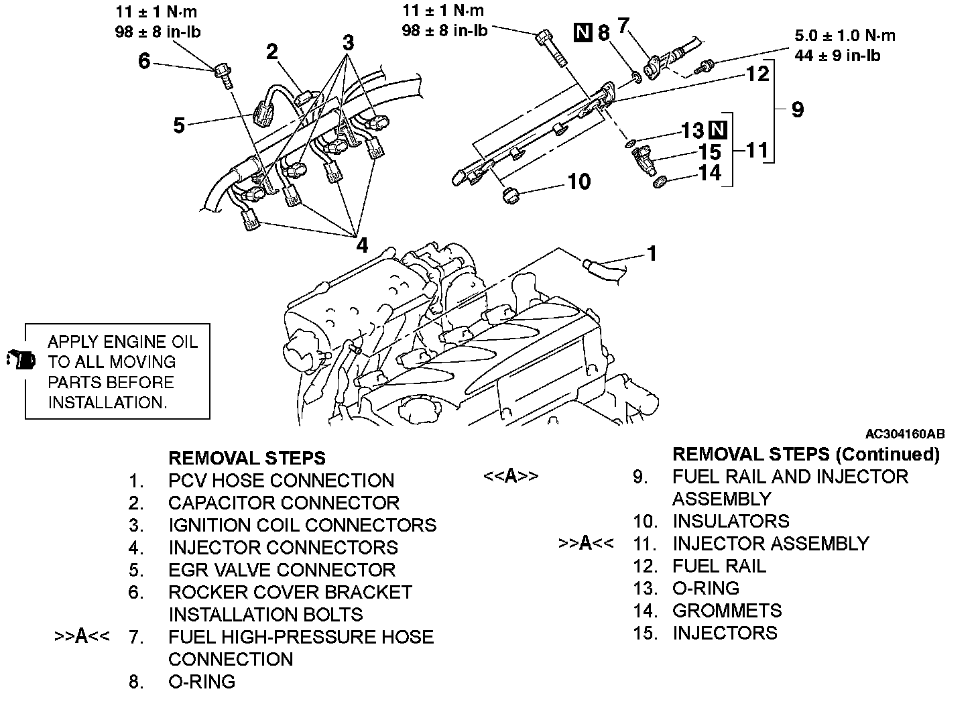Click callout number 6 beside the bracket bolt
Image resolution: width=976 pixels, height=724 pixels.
144,61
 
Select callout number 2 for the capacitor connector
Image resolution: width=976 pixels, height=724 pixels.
272,52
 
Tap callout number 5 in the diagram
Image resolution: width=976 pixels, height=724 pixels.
179,125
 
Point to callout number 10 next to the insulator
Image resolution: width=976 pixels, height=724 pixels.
579,182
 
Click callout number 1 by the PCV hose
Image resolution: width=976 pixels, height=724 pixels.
652,253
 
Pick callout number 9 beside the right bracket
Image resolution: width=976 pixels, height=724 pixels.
798,109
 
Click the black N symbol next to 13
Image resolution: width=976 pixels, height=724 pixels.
718,130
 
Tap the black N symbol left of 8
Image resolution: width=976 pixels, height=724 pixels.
583,33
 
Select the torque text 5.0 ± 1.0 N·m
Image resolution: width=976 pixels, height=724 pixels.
845,36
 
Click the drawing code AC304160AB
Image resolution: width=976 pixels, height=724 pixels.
905,434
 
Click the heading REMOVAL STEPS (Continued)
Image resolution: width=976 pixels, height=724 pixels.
806,455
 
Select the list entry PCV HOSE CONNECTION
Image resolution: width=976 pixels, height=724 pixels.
281,481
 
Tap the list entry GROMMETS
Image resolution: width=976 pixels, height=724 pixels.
727,611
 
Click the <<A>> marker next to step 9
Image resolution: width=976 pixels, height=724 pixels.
511,476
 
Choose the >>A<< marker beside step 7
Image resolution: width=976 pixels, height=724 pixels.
82,636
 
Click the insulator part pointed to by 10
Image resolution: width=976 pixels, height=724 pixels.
511,196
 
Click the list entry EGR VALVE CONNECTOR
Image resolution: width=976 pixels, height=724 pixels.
282,570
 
